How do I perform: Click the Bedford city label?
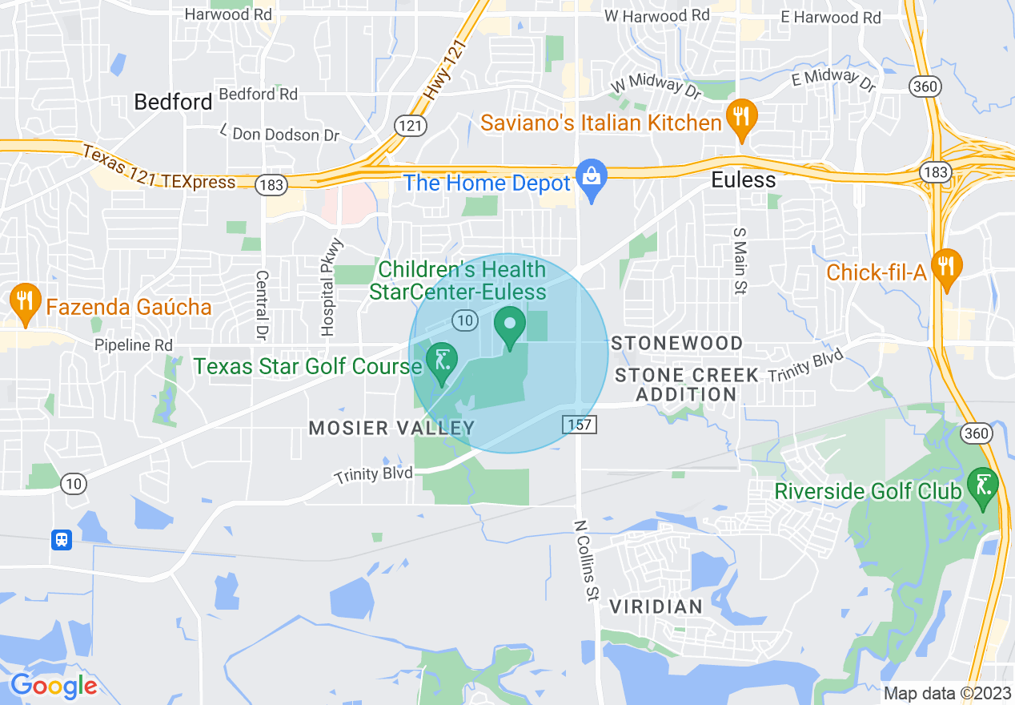click(x=173, y=102)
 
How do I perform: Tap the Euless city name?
click(x=744, y=180)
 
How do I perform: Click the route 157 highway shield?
click(x=579, y=425)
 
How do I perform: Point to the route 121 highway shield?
click(x=408, y=126)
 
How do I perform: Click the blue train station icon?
click(x=62, y=540)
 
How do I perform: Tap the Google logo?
click(x=54, y=686)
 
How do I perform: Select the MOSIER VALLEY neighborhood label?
click(x=392, y=428)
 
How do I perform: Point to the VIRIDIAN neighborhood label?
click(x=656, y=606)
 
